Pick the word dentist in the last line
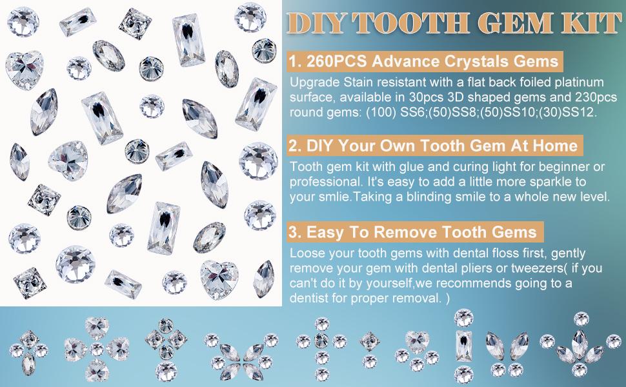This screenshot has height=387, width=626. [309, 298]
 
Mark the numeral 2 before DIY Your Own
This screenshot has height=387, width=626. [294, 146]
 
